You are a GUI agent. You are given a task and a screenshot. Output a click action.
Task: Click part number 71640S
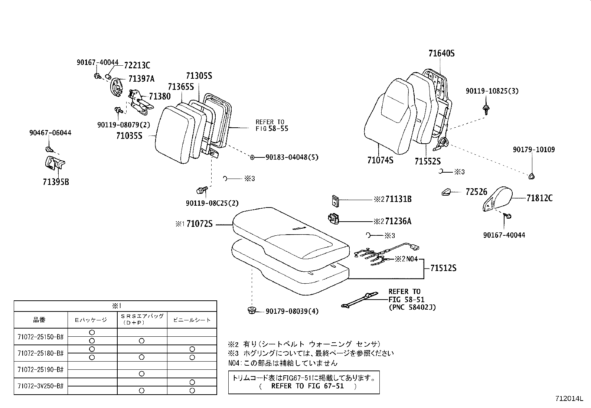click(x=441, y=53)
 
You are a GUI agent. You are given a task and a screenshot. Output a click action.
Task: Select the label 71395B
click(x=56, y=182)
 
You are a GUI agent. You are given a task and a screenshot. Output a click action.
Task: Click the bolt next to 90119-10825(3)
click(x=486, y=109)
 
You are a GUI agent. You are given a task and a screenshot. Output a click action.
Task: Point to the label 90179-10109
click(x=534, y=150)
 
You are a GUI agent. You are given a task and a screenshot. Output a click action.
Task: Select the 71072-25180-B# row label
click(x=41, y=353)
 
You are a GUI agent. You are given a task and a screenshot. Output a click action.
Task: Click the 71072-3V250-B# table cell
click(x=41, y=386)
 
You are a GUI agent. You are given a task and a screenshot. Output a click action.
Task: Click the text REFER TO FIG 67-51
click(x=308, y=386)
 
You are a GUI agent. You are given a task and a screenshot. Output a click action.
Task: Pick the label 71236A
click(x=398, y=221)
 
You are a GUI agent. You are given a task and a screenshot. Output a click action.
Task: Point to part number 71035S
click(x=129, y=136)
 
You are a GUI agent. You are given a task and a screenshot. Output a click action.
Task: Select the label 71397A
click(x=141, y=79)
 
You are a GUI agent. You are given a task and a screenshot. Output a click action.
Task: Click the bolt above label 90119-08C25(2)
click(x=201, y=190)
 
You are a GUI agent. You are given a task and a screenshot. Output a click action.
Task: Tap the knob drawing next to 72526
click(x=446, y=192)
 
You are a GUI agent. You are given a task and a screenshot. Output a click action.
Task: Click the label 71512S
click(x=443, y=268)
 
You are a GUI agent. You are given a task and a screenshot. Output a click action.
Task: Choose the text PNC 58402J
click(x=412, y=307)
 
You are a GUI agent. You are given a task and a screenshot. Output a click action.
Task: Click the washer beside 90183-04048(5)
click(x=252, y=157)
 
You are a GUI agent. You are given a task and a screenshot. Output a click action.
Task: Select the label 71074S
click(x=380, y=160)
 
